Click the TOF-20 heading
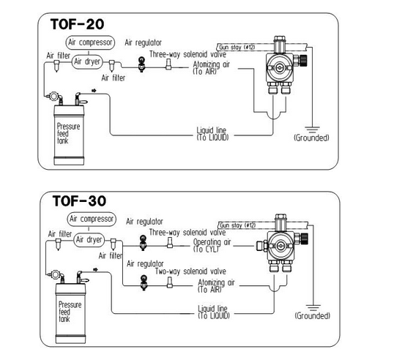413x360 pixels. [77, 24]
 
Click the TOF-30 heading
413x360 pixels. [79, 201]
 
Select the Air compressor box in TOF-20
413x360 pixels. [90, 42]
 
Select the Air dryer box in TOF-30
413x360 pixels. [89, 240]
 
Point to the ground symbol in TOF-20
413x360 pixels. [313, 130]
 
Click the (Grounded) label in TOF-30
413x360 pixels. [313, 315]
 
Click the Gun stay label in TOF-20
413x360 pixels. [237, 47]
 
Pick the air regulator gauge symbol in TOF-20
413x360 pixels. [142, 64]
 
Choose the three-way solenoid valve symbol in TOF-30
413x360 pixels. [170, 242]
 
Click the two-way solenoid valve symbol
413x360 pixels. [170, 282]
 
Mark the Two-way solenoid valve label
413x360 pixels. [190, 271]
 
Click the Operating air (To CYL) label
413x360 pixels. [212, 245]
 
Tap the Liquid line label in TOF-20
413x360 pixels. [212, 134]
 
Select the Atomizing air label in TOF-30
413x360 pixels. [216, 286]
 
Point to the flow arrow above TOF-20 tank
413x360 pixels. [94, 91]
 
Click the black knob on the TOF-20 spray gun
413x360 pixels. [304, 60]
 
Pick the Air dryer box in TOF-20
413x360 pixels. [87, 62]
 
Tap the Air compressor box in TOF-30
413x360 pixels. [92, 219]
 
